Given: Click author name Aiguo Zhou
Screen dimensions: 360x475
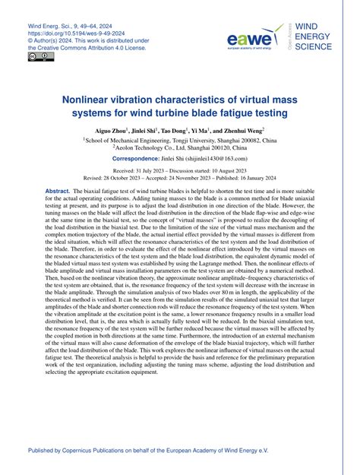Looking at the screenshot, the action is tap(111, 131).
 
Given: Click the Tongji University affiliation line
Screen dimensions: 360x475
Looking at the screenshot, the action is tap(181, 141).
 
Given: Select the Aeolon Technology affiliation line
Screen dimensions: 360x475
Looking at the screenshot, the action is tap(181, 150).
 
